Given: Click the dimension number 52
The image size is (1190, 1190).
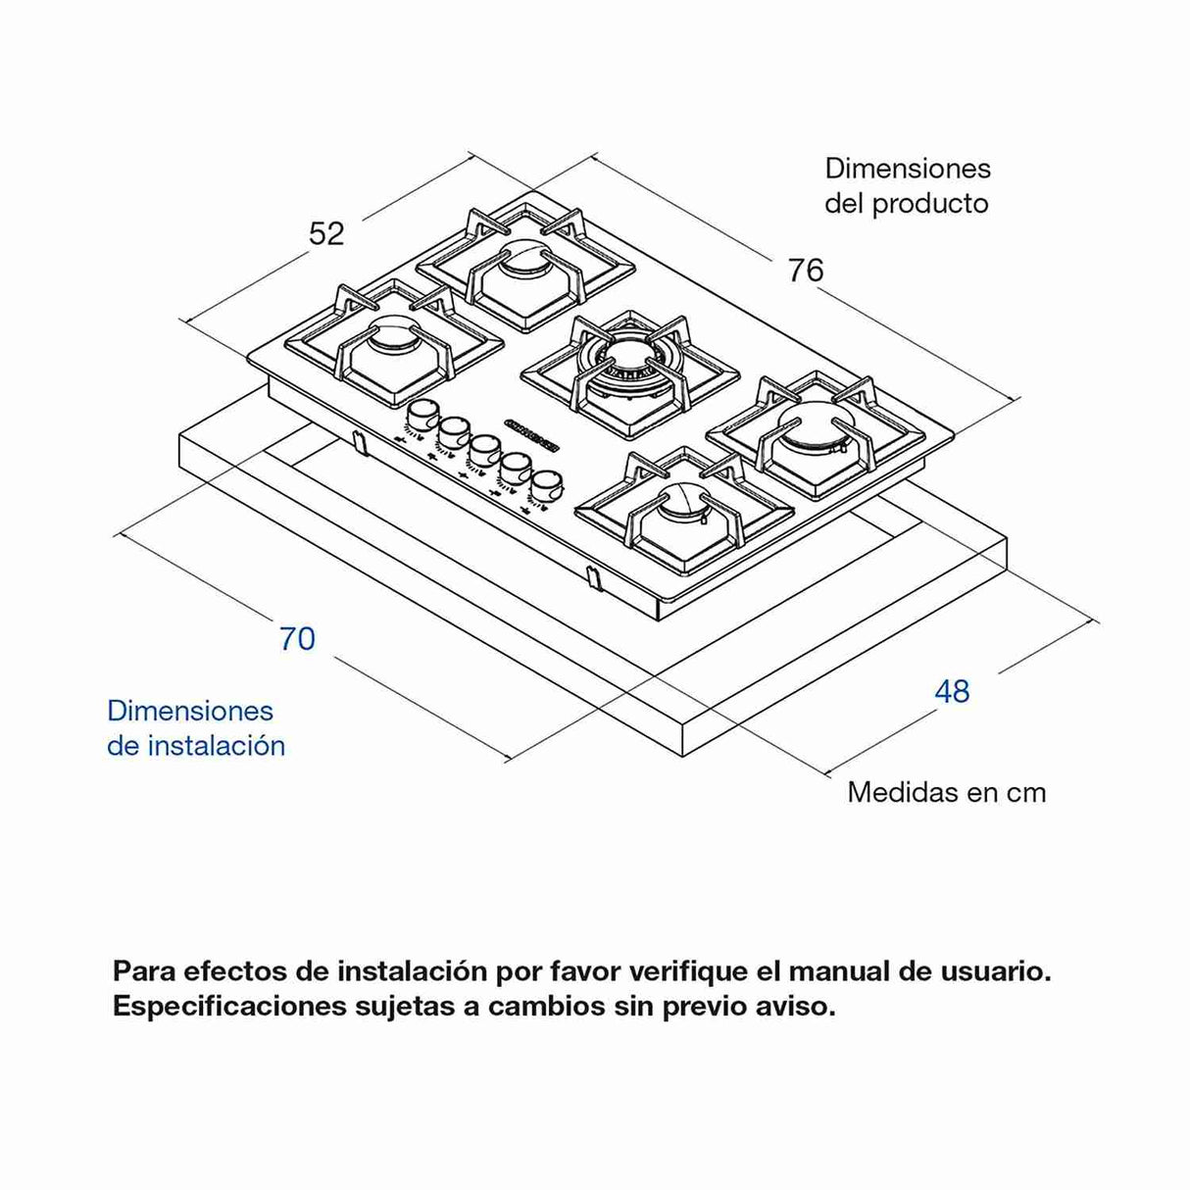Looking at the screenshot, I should click(x=326, y=233).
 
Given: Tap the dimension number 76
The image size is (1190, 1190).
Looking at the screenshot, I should click(x=805, y=270).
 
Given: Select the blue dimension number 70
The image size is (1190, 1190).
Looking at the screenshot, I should click(x=297, y=638).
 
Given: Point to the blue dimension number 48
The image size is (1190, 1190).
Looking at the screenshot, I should click(x=952, y=691).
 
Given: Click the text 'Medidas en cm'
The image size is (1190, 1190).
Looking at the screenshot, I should click(x=946, y=792).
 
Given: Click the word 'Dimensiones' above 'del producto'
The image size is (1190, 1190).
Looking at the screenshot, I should click(x=908, y=169).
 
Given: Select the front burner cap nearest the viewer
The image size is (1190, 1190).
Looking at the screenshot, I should click(x=683, y=507).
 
